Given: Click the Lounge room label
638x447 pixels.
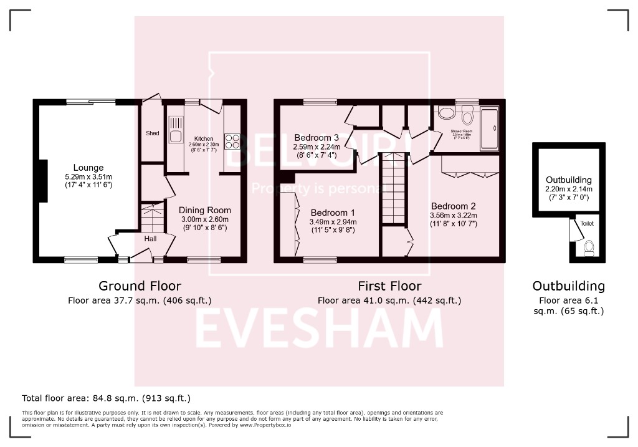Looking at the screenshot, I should (88, 168).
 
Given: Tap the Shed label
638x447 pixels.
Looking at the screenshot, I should (153, 133).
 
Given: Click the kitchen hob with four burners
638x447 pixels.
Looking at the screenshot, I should (232, 142).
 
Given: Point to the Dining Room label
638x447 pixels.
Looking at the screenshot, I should (204, 211).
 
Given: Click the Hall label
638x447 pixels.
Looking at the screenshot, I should (151, 238).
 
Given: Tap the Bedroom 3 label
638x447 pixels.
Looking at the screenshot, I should (317, 138).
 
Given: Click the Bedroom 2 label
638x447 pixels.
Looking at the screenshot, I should (453, 206).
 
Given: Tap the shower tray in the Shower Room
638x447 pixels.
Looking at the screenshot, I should (489, 128).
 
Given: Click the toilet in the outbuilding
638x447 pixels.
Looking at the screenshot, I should (589, 248).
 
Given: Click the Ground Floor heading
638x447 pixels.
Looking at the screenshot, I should (140, 286).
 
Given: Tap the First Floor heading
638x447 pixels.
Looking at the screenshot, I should (389, 286).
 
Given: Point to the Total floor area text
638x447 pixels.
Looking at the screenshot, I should (106, 398).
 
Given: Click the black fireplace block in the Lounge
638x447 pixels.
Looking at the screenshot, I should (43, 181).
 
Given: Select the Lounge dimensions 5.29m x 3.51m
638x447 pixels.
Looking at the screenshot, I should (88, 176).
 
